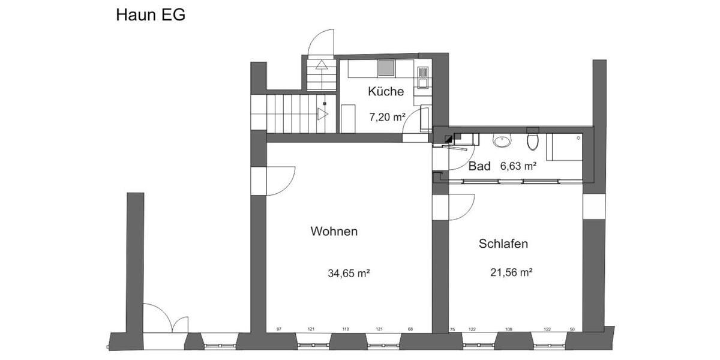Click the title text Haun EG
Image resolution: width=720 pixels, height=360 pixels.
[x=151, y=15]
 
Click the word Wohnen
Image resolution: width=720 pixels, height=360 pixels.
[x=334, y=231]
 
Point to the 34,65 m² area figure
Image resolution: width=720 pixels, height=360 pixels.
[x=348, y=274]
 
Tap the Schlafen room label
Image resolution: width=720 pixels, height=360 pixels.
[x=503, y=244]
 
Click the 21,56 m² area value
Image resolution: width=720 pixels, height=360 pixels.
[x=512, y=272]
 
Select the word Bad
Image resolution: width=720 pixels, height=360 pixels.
[x=479, y=166]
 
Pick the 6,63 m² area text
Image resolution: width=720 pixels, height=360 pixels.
[x=518, y=166]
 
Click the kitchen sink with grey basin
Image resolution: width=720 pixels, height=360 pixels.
[x=385, y=68]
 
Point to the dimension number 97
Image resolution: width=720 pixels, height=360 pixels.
[x=279, y=329]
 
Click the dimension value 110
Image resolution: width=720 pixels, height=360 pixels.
[x=346, y=329]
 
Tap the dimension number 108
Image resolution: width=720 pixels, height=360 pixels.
[x=509, y=329]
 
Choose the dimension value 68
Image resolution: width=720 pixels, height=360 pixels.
[x=410, y=329]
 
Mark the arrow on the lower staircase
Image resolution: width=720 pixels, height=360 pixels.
[x=322, y=113]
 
